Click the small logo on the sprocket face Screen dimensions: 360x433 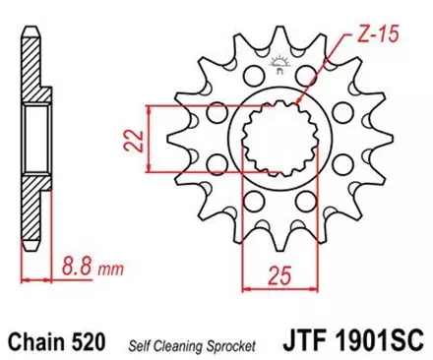pos(277,67)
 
